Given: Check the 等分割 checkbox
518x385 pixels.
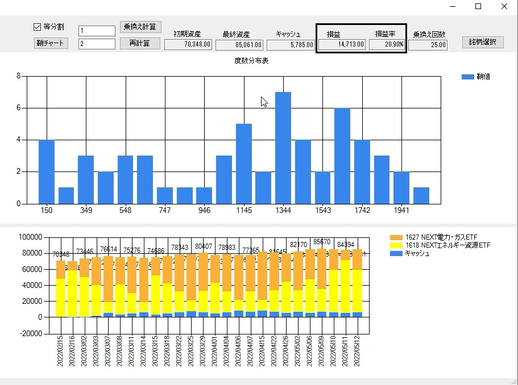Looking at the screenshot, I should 38,27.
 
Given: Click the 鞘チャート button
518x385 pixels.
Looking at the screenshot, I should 51,43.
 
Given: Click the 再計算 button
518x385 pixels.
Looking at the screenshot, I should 140,43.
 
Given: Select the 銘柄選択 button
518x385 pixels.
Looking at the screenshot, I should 483,42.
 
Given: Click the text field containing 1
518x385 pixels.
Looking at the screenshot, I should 97,31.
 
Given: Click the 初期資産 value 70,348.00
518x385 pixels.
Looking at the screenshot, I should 188,44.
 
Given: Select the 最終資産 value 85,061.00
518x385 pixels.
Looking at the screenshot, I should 239,44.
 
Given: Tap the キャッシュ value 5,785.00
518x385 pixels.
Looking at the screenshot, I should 289,44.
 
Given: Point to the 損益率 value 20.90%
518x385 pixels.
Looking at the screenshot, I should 387,44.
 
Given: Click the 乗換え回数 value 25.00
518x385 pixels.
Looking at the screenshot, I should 428,44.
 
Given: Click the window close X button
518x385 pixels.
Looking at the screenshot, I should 504,6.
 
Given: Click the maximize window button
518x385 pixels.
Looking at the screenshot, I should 478,6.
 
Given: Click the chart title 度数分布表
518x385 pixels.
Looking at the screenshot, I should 251,61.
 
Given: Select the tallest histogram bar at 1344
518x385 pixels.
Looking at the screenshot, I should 283,148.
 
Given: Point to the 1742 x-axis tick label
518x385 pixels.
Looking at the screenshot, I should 362,210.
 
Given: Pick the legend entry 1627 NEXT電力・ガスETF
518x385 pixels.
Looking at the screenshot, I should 440,237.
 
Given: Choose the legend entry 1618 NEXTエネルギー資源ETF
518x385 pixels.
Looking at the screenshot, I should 443,245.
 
